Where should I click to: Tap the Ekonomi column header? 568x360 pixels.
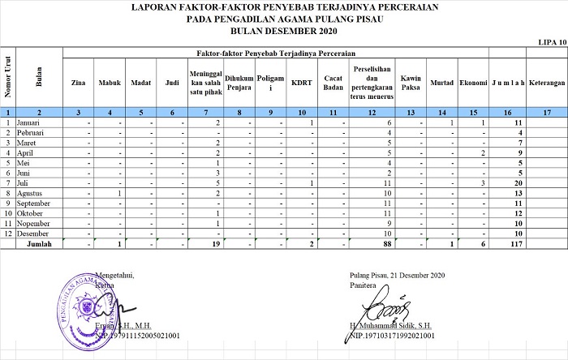tap(472, 83)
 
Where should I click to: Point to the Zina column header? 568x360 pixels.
tap(79, 83)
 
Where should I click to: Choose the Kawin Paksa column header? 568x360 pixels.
tap(411, 83)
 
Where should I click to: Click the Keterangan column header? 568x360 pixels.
tap(546, 83)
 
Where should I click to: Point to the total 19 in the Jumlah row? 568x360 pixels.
tap(216, 243)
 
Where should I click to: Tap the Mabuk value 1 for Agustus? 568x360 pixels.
tap(118, 194)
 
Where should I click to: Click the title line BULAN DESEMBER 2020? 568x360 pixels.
tap(283, 31)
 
